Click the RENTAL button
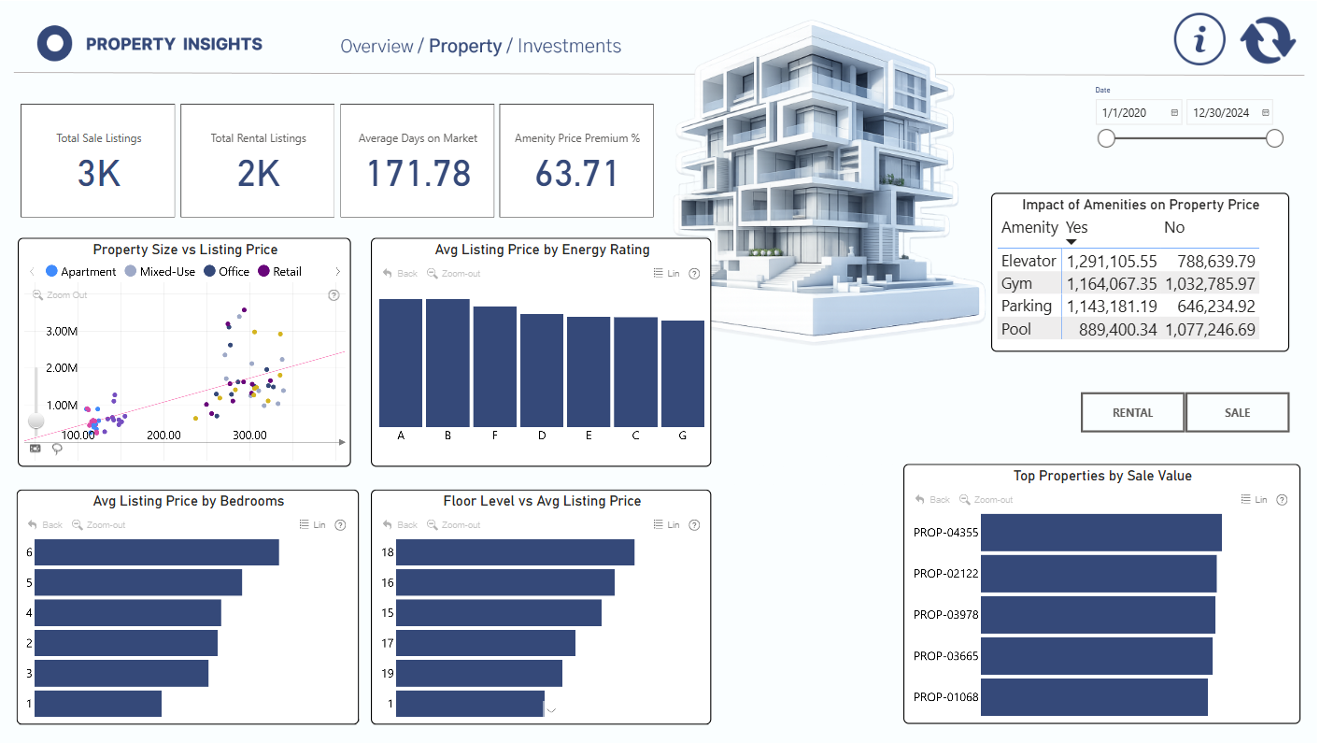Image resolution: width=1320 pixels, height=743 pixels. (1132, 413)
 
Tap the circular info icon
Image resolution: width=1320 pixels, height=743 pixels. (1199, 39)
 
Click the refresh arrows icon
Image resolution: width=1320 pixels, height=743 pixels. (1268, 39)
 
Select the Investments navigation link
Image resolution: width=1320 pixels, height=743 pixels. (569, 46)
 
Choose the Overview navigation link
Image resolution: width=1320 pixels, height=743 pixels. (376, 46)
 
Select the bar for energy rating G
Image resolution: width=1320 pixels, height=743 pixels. (682, 373)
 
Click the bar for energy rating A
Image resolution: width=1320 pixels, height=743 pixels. (401, 363)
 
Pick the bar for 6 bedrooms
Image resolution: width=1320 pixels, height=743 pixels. (157, 552)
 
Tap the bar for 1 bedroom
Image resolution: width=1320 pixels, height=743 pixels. (98, 704)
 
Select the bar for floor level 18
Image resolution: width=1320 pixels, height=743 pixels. (515, 552)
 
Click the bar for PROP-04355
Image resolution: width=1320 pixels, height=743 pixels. (1100, 533)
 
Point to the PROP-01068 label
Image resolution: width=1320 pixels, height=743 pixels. (945, 697)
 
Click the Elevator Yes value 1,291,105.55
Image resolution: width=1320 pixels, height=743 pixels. (1112, 262)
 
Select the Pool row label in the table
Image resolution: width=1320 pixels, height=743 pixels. (1016, 329)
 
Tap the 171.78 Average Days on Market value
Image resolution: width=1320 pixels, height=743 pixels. (419, 174)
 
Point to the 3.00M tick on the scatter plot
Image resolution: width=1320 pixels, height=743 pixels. (62, 332)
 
